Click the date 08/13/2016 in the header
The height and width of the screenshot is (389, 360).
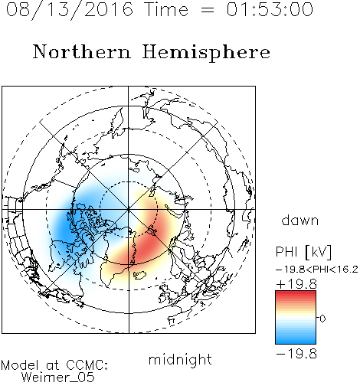click(x=70, y=9)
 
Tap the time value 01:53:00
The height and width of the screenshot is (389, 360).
click(x=270, y=9)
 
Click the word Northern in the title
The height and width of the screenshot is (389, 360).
click(x=82, y=51)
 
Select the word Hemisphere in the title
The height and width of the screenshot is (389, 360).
click(x=206, y=53)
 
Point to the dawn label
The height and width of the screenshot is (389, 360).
click(x=300, y=220)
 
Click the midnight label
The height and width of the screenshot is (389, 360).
click(x=180, y=359)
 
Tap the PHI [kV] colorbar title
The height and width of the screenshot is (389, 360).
click(x=303, y=252)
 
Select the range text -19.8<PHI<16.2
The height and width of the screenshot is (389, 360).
click(x=317, y=270)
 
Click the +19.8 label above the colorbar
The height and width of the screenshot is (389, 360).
click(x=296, y=284)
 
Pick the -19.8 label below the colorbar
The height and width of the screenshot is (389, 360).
click(x=296, y=354)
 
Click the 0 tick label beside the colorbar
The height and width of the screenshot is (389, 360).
click(x=322, y=319)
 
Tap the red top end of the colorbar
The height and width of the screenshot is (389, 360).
click(x=296, y=293)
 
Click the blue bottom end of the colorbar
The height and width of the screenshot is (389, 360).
click(x=296, y=342)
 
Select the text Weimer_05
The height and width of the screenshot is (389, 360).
click(x=58, y=377)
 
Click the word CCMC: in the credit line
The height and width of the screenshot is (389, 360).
click(x=87, y=365)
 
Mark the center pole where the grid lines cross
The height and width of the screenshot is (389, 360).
click(x=129, y=210)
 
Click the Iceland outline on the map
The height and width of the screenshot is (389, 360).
click(x=139, y=275)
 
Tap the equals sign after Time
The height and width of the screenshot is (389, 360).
click(x=208, y=10)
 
